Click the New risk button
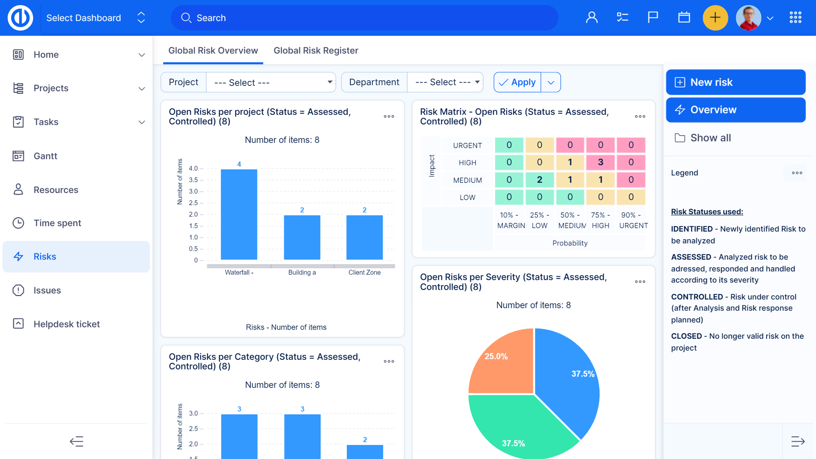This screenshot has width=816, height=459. [x=735, y=82]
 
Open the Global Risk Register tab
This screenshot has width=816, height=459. [x=315, y=51]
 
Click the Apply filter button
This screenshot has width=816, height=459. [x=517, y=82]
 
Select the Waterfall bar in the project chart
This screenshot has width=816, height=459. [x=239, y=214]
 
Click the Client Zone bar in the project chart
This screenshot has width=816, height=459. [x=364, y=237]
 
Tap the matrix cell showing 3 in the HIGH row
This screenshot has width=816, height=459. [x=600, y=162]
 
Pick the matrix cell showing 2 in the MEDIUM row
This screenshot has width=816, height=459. [x=539, y=180]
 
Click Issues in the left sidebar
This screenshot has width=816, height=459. [x=47, y=290]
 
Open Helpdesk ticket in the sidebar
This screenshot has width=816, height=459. [x=66, y=324]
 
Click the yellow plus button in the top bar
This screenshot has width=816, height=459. [x=715, y=18]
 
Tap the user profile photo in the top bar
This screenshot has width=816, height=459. [x=748, y=18]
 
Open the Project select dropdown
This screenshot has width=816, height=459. [x=271, y=82]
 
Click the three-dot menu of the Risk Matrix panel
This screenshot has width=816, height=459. [x=640, y=117]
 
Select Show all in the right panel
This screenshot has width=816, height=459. [x=710, y=138]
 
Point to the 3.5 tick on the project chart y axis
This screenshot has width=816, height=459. [x=193, y=180]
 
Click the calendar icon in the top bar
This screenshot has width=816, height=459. [x=684, y=17]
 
